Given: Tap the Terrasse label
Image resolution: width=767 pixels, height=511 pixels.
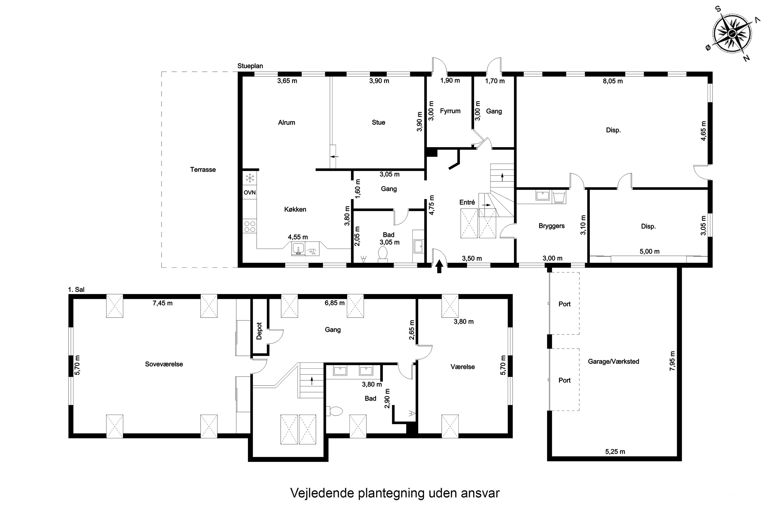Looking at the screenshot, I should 203,169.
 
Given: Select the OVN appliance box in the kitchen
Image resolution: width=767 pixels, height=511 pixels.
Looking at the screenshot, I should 250,193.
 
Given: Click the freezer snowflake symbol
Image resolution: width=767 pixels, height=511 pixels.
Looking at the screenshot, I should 250,178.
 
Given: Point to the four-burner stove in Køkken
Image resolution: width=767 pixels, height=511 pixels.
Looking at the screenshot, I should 250,226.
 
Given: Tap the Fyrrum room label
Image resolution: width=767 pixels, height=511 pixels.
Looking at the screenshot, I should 450,111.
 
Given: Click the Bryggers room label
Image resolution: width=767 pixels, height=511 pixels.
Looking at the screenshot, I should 551,226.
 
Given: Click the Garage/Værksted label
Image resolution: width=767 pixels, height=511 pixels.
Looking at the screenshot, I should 613,362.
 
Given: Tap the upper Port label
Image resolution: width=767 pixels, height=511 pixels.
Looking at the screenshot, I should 565,304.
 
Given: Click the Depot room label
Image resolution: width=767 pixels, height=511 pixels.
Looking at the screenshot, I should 259,331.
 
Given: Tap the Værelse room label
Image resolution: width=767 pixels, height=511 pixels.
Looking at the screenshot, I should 463,367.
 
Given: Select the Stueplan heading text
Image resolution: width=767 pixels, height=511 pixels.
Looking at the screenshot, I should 250,66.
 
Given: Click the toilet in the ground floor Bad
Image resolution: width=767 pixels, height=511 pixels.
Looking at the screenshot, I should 382,254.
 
